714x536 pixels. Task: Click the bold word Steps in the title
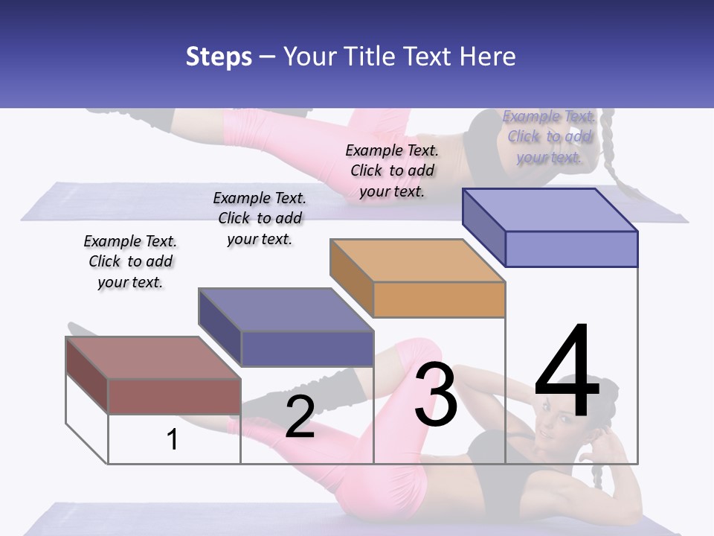click(219, 57)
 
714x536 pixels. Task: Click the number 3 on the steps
click(436, 395)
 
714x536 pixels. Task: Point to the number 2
click(300, 417)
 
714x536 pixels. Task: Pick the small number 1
click(173, 439)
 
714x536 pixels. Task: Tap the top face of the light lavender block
click(550, 209)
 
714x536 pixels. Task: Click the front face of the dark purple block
click(307, 348)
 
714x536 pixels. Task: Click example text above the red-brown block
click(130, 261)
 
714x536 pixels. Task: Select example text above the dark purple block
click(260, 218)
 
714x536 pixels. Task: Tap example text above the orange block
click(392, 170)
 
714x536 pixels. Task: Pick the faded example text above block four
click(549, 136)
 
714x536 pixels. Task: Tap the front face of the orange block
click(439, 300)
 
